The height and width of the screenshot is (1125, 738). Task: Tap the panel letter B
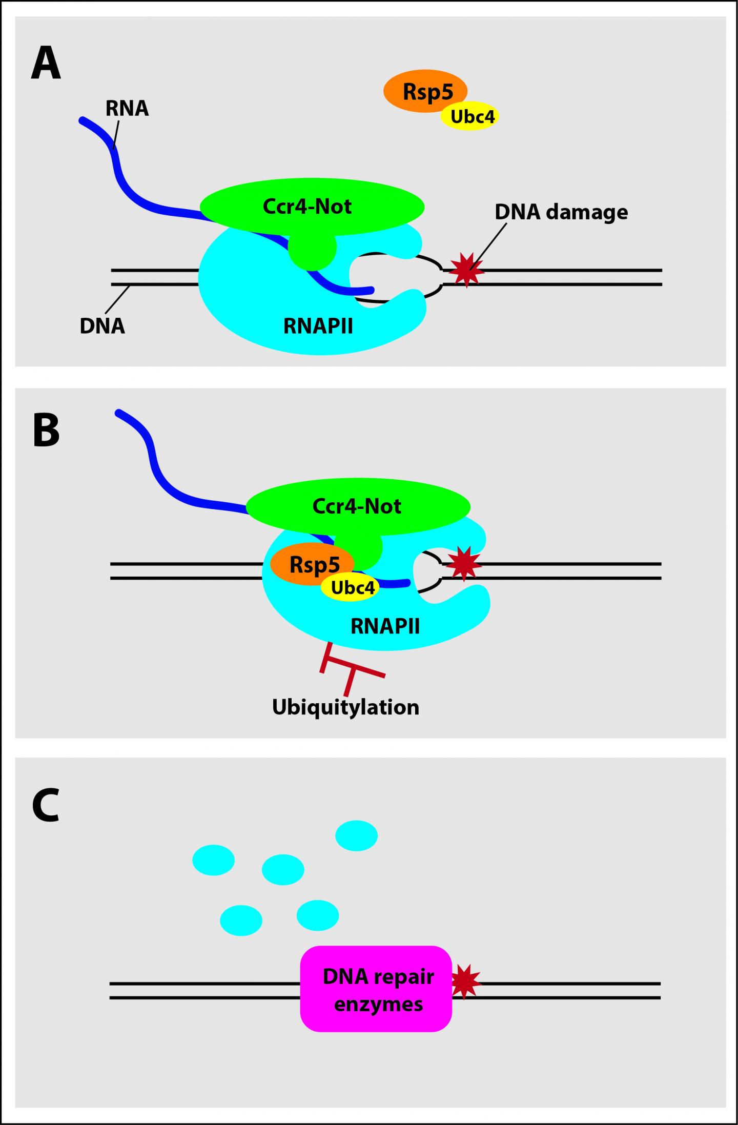(46, 431)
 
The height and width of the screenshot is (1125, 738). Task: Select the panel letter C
(46, 806)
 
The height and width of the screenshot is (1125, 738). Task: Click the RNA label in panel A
(127, 109)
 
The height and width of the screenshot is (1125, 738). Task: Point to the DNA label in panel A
(102, 326)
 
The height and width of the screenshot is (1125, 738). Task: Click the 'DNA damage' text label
(561, 212)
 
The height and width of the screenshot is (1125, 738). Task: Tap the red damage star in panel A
(466, 270)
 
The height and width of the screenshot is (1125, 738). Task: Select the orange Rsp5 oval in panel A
(420, 90)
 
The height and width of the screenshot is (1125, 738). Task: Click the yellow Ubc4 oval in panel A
(472, 117)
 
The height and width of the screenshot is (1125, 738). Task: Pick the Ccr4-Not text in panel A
(307, 207)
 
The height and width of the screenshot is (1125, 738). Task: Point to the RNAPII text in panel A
(318, 326)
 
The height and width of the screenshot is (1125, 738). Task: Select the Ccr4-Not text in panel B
(357, 506)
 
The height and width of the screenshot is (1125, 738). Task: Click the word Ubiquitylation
(345, 707)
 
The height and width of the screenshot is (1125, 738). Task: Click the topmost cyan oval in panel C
(356, 835)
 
